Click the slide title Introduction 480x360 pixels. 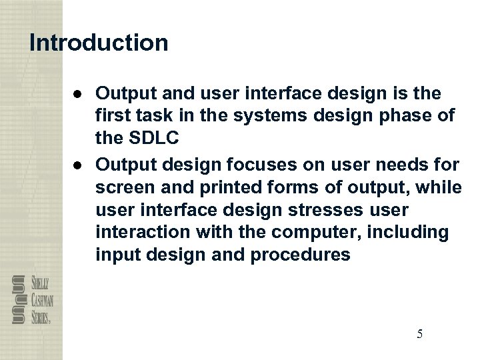tap(99, 43)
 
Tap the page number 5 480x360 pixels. tap(419, 334)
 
